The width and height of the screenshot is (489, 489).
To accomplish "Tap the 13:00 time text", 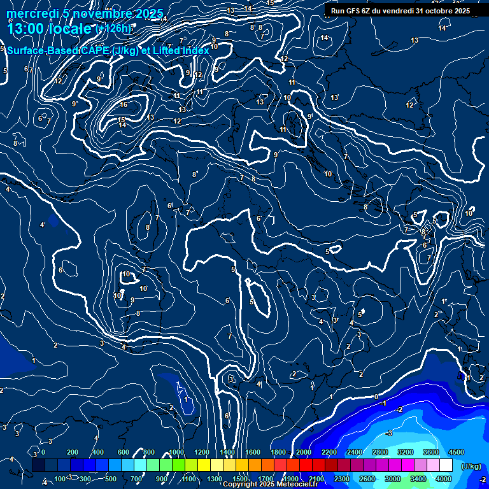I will tap(28, 28).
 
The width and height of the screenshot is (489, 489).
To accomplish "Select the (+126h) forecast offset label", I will tap(113, 29).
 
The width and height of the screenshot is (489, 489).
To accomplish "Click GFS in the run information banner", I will tap(355, 11).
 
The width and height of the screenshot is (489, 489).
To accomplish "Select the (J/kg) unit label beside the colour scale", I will tap(471, 466).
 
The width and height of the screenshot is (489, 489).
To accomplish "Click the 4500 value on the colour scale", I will tap(456, 452).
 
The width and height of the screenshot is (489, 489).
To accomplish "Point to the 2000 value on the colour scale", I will tap(304, 452).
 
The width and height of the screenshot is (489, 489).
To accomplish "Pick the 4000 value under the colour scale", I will tap(444, 479).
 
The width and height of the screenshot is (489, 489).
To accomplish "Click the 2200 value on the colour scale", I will tap(329, 452).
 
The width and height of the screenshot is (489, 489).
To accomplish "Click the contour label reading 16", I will tap(124, 104).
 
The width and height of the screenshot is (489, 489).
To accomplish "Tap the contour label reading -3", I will tap(389, 434).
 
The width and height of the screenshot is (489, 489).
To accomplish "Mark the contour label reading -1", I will tap(384, 404).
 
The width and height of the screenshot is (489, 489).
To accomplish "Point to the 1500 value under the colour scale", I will tap(240, 479).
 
